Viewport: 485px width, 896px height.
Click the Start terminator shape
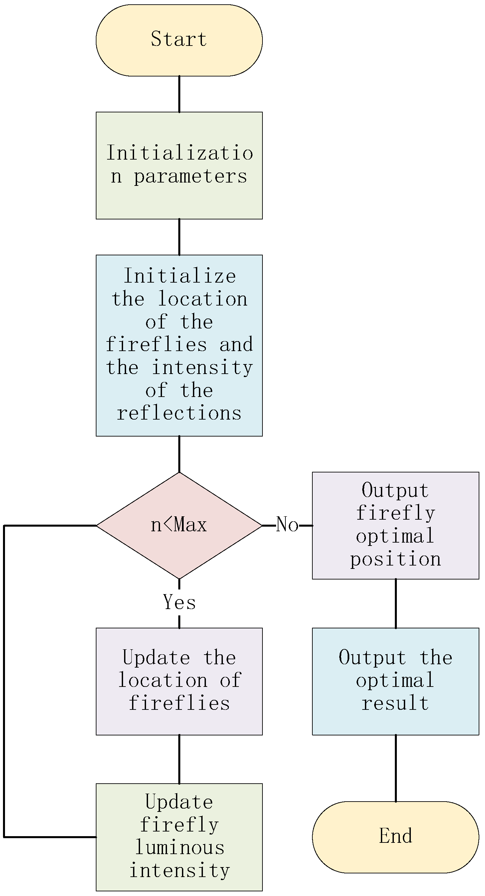179,40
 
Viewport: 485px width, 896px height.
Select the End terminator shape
396,837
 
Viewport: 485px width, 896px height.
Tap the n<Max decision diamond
179,525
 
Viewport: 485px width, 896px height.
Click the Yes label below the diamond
179,602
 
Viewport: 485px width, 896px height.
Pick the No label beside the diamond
287,525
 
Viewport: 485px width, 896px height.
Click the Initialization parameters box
179,165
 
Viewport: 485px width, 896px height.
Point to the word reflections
179,413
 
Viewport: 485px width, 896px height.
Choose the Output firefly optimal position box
396,525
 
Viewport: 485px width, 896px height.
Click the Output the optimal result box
396,681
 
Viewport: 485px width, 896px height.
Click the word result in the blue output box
396,703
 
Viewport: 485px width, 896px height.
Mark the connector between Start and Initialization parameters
179,94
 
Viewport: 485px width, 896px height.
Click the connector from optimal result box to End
396,768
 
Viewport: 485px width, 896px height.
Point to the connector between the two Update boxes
179,759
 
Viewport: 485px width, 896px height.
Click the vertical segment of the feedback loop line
4,682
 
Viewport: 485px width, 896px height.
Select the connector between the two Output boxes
396,603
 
